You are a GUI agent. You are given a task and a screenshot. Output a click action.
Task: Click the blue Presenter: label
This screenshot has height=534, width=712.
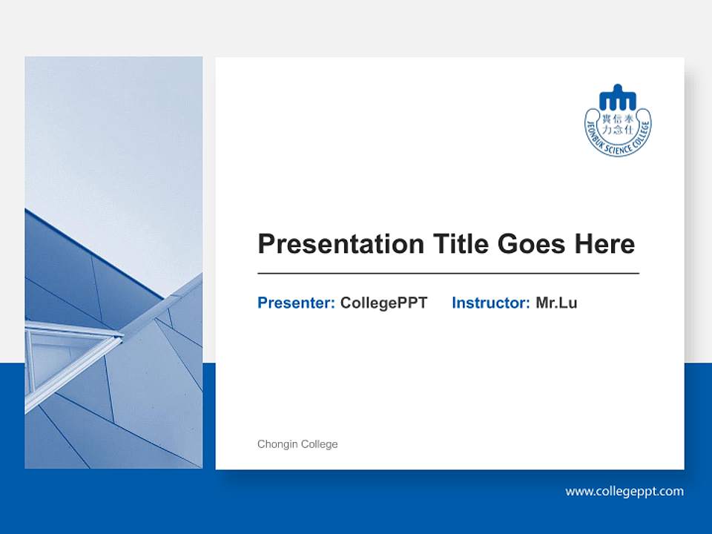coord(296,303)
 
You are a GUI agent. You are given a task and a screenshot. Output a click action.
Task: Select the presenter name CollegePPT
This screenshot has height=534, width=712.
coord(383,303)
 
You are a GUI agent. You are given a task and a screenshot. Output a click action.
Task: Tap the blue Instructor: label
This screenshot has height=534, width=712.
coord(490,303)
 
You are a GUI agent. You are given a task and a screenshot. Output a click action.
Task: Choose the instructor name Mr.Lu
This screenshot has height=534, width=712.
coord(556,303)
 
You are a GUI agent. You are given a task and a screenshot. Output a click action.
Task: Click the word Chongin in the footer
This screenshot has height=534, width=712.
coord(277,444)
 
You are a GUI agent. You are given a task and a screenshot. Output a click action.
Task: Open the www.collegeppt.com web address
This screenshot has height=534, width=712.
coord(624,491)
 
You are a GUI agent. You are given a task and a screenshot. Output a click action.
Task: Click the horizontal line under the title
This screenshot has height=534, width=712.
coord(448,274)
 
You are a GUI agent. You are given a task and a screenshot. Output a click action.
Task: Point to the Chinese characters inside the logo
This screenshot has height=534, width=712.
coord(618,122)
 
